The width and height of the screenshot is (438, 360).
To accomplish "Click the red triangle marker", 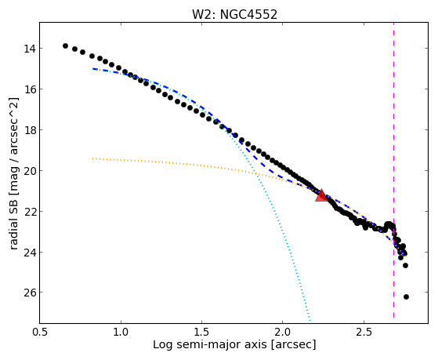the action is (321, 195).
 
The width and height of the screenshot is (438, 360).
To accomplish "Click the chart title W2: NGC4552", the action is (234, 15).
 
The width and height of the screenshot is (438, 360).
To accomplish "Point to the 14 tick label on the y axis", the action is (30, 49).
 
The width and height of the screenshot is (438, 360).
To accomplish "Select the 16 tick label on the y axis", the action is (30, 89).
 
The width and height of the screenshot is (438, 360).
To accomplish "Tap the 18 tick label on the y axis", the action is (30, 130).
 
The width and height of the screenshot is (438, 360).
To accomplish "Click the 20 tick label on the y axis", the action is (30, 171).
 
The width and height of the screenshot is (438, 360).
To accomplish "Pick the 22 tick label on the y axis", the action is (30, 212).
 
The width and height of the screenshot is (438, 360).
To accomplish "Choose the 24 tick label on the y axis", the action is (30, 253).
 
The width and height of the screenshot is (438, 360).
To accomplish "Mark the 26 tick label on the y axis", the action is (30, 293).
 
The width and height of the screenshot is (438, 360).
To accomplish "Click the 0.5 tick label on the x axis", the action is (40, 332).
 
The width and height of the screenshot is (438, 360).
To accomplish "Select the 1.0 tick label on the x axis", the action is (121, 332).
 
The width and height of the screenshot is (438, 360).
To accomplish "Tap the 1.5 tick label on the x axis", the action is (201, 332).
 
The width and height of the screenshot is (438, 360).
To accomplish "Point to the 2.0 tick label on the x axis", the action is (282, 332).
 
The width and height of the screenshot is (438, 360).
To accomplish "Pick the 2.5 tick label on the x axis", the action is (364, 332).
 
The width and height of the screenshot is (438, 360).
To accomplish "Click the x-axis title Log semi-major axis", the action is (210, 345).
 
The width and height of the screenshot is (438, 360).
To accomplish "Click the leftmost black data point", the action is (65, 45).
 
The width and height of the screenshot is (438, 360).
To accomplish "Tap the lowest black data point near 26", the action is (406, 296).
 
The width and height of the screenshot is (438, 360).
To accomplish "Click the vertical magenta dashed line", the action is (393, 170).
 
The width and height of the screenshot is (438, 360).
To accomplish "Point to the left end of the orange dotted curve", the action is (92, 158).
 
